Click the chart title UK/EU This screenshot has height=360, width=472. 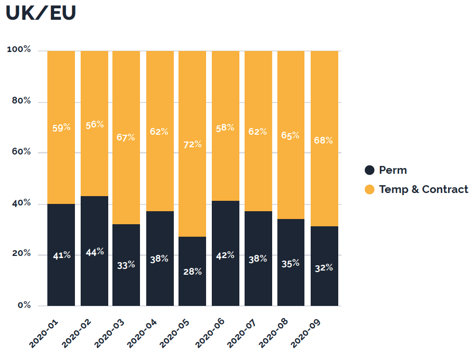tap(41, 13)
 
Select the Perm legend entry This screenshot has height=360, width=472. tap(385, 170)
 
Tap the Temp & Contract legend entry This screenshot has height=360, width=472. tap(416, 189)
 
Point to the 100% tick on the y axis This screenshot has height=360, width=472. tap(19, 50)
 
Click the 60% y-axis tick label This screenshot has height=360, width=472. tap(21, 152)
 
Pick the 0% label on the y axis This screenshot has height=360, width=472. tap(24, 305)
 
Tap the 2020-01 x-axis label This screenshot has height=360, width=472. tap(44, 333)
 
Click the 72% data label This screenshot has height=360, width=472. tap(192, 144)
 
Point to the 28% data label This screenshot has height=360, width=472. tap(192, 272)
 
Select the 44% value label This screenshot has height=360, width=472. tap(94, 252)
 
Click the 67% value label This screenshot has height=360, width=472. tap(126, 137)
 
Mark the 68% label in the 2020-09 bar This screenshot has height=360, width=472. tap(324, 140)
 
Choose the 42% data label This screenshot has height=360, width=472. tap(225, 255)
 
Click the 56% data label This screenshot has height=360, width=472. tap(94, 125)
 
